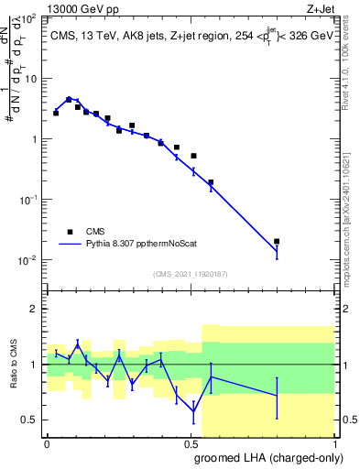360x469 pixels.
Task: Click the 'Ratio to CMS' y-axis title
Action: coord(12,365)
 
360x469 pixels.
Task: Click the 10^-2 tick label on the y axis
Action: coord(29,260)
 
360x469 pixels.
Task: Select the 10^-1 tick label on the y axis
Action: coord(29,200)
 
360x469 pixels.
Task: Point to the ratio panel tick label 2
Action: coord(33,309)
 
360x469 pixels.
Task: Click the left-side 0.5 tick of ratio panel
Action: coord(29,420)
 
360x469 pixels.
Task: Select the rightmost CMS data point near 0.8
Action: coord(277,242)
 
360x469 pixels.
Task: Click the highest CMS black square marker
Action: coord(69,100)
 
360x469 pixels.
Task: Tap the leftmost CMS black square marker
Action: coord(56,113)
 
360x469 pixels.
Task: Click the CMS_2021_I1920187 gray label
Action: coord(190,273)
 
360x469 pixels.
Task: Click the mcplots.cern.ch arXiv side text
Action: coord(351,211)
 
